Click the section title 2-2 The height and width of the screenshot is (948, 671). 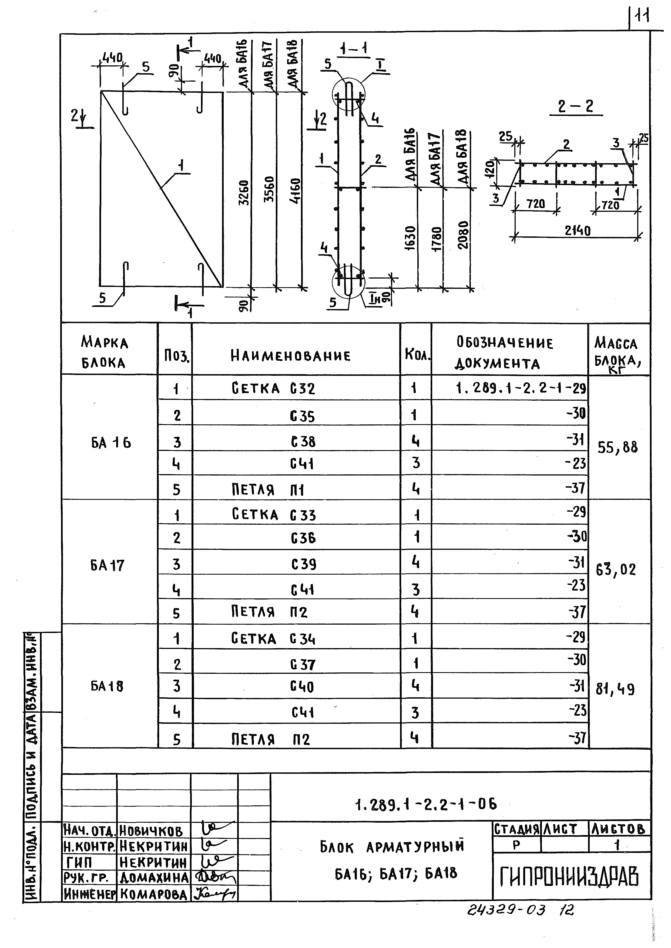576,107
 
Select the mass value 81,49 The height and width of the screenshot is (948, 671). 615,689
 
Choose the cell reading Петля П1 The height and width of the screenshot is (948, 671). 268,490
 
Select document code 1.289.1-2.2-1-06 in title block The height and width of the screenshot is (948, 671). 426,804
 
